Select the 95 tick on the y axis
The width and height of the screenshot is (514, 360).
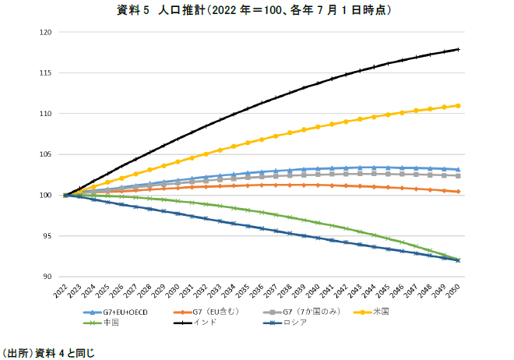click(x=47, y=236)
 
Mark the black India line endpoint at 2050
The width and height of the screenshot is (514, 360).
click(x=458, y=49)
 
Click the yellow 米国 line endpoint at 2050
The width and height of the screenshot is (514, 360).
click(x=458, y=105)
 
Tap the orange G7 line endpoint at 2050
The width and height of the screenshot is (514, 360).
click(x=458, y=192)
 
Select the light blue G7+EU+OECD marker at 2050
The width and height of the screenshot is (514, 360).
click(x=458, y=169)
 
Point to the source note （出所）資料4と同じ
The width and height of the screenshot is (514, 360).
click(x=48, y=352)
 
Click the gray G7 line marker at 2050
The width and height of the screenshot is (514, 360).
click(x=458, y=175)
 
